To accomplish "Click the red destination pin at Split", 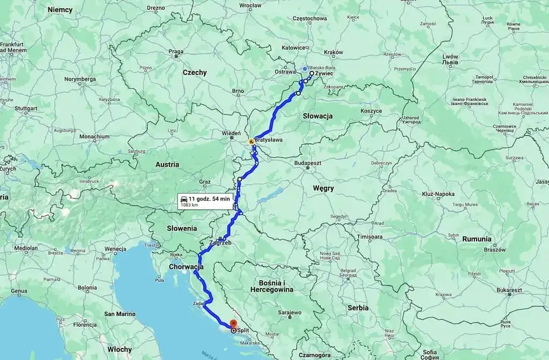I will (233, 324).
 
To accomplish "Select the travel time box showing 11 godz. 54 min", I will (206, 201).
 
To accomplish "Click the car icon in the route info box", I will (184, 199).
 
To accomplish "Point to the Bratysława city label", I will (269, 140).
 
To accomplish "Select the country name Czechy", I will (194, 72).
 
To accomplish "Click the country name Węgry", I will (323, 188).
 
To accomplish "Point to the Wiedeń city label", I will (232, 133).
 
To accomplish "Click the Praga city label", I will (176, 52).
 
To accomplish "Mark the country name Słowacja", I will (317, 116).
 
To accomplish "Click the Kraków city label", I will (333, 52).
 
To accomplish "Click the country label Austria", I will (167, 165).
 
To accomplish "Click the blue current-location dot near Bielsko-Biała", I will (305, 69).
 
